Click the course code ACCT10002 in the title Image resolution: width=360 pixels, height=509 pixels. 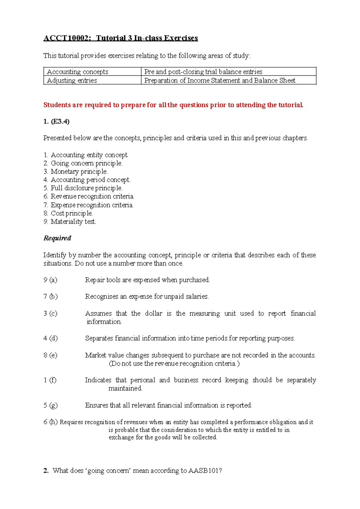pos(67,38)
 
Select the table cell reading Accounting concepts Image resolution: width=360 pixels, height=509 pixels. pos(77,72)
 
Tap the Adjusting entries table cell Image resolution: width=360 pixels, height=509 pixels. pos(72,80)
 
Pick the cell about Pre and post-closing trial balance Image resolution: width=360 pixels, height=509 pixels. pos(203,72)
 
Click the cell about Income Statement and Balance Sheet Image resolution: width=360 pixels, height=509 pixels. pos(220,80)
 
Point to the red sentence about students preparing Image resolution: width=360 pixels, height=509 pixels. pos(173,105)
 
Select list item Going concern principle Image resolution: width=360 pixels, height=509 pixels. pos(86,163)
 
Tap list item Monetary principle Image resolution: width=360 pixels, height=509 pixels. pos(79,172)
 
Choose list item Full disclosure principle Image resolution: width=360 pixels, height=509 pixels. pos(86,188)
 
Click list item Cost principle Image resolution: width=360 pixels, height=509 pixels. pos(71,213)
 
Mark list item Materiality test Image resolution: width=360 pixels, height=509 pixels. pos(73,222)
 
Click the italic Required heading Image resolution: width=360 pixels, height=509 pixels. pos(57,238)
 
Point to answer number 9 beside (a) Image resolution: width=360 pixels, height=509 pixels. pos(45,280)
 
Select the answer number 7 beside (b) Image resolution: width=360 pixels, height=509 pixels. pos(45,297)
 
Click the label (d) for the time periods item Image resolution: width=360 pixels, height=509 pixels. pos(53,338)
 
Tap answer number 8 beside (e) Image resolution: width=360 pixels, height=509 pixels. pos(45,355)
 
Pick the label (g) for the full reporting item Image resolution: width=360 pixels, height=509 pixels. pos(53,405)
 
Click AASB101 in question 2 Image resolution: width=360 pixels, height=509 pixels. pos(205,471)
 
